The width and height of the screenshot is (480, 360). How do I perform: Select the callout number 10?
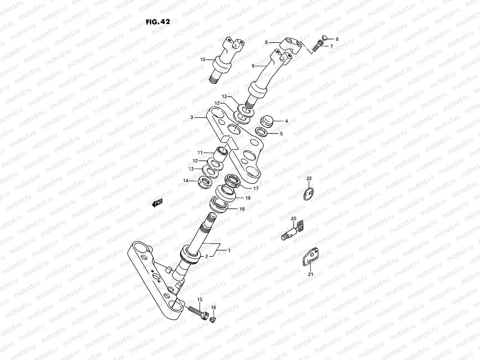pyautogui.click(x=203, y=59)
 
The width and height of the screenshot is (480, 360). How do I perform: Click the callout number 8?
pyautogui.click(x=337, y=39)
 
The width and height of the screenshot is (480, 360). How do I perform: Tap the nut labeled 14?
pyautogui.click(x=205, y=182)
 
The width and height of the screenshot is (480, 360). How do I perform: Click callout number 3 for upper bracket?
pyautogui.click(x=192, y=117)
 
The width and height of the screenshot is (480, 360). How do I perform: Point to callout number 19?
pyautogui.click(x=242, y=209)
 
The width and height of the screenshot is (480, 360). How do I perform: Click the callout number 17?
pyautogui.click(x=256, y=189)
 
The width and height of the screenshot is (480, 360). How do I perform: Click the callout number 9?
pyautogui.click(x=253, y=66)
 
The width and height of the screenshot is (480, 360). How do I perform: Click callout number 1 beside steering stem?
pyautogui.click(x=229, y=250)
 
